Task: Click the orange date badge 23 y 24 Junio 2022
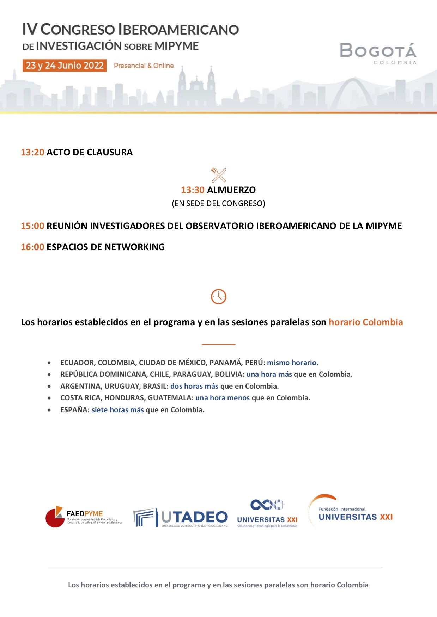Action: click(65, 66)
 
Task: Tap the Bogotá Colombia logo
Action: click(378, 53)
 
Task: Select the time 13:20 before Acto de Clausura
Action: click(32, 152)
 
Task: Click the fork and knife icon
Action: click(219, 175)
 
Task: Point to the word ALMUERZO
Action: click(231, 190)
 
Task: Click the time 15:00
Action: click(32, 226)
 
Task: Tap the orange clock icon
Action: click(219, 297)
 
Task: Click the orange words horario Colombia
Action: click(366, 322)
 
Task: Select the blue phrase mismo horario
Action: click(292, 363)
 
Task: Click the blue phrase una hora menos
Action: click(223, 398)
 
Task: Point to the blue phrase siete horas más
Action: click(118, 410)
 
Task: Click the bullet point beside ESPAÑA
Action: click(49, 410)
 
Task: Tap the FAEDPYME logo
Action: click(84, 517)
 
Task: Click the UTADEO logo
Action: click(181, 518)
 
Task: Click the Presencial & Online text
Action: click(144, 66)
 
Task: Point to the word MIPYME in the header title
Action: click(176, 46)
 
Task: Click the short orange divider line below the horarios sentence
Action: click(218, 344)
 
